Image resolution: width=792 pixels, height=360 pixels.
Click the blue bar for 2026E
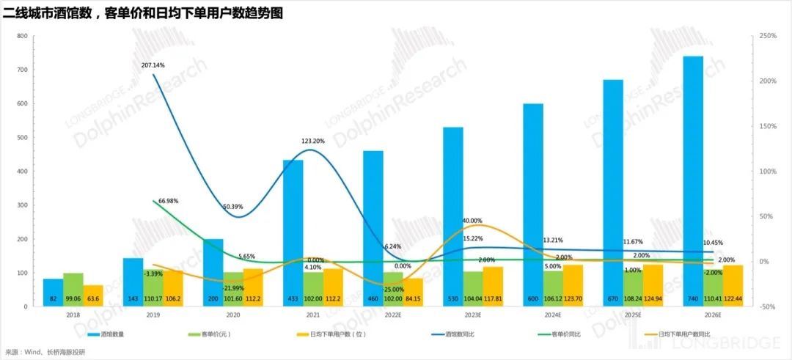point(693,176)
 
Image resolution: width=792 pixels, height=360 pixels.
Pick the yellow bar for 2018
point(93,293)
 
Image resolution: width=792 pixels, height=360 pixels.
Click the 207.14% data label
point(153,65)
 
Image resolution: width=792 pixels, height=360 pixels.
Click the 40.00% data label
point(472,221)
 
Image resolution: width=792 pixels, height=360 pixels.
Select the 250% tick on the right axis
point(769,36)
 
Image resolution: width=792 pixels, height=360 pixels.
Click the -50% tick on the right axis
point(768,307)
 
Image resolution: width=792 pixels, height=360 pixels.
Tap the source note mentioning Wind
point(45,352)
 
